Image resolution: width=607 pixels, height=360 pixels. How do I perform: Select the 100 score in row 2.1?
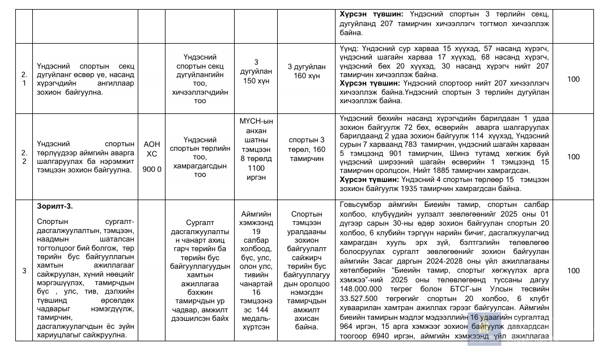(574, 79)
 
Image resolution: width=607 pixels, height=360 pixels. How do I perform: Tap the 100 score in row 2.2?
(574, 156)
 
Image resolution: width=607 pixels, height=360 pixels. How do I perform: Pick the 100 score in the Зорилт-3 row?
(574, 271)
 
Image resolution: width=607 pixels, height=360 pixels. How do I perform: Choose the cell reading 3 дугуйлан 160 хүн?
(307, 71)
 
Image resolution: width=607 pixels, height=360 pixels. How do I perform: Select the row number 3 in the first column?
(24, 271)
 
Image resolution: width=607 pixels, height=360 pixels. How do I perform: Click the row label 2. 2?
(24, 156)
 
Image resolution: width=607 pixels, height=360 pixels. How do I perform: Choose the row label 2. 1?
(24, 79)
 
